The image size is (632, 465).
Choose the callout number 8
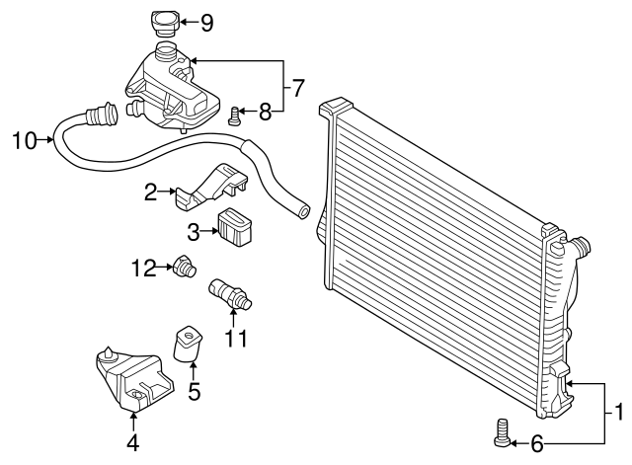click(x=265, y=114)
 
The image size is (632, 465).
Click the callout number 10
click(x=24, y=140)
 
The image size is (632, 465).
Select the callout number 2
click(x=151, y=193)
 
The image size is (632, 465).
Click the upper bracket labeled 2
click(x=209, y=187)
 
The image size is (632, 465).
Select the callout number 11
click(x=235, y=339)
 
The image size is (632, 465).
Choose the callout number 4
click(x=132, y=443)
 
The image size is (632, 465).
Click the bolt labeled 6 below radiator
click(x=503, y=431)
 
